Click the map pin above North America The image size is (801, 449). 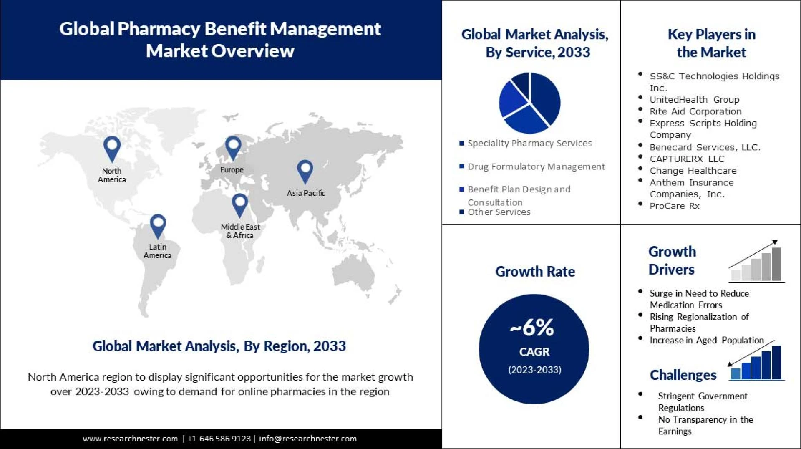pos(112,148)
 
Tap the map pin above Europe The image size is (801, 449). pos(233,147)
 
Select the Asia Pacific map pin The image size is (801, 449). pos(305,171)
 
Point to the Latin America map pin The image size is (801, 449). pos(158,226)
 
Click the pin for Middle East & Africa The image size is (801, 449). pos(240,204)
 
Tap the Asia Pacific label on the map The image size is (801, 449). pos(306,193)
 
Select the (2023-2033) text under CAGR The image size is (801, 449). pos(534,370)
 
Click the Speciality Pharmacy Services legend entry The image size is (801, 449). pos(529,143)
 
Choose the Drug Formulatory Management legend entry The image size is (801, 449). pos(536,166)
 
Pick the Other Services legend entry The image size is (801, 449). pos(499,212)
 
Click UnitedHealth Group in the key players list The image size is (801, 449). pos(694,100)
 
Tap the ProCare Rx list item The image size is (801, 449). pos(674,206)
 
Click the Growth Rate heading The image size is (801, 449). pos(535,272)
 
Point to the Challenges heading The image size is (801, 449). pos(683,375)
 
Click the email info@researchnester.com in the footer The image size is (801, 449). pos(307,439)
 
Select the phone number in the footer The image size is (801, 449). pos(219,439)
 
